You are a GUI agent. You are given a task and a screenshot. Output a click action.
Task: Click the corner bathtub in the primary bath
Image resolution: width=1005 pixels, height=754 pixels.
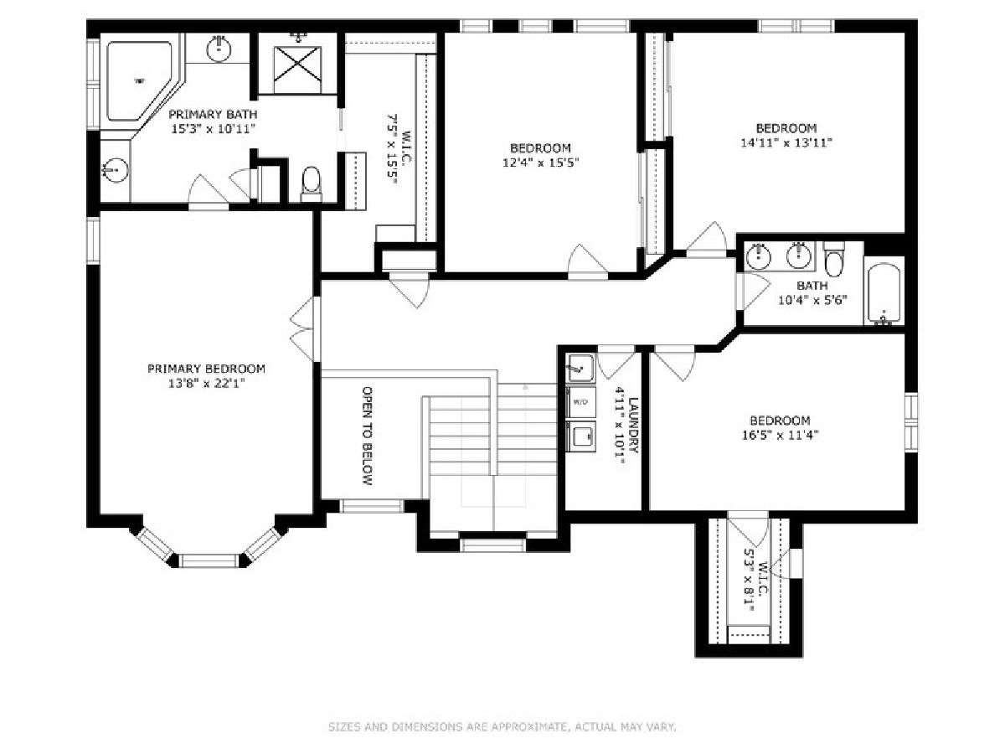[x=137, y=81]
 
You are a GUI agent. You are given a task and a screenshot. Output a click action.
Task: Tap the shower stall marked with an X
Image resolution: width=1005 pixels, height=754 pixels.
[x=297, y=70]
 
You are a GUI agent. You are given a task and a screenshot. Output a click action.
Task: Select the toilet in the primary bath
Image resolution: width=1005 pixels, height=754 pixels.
[x=312, y=184]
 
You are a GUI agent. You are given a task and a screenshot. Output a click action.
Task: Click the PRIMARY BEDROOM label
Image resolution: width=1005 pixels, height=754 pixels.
[x=206, y=369]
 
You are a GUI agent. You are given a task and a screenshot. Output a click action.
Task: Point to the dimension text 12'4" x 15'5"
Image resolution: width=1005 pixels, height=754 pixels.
[x=541, y=163]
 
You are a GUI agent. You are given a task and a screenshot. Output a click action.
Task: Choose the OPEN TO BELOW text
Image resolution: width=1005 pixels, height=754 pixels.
[x=368, y=436]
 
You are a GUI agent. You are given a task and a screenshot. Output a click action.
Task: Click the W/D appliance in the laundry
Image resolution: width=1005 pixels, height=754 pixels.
[x=580, y=402]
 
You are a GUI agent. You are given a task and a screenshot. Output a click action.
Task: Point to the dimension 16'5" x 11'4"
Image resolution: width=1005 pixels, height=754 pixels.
[x=781, y=435]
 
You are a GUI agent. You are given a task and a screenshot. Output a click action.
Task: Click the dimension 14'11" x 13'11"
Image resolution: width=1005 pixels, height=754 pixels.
[x=786, y=142]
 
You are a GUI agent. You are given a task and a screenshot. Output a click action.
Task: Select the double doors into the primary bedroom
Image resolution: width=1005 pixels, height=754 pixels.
[x=306, y=328]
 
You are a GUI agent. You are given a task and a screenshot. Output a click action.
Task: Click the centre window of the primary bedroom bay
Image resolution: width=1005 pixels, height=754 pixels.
[x=209, y=560]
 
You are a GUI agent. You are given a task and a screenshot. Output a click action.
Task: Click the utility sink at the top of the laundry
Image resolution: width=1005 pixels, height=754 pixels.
[x=580, y=368]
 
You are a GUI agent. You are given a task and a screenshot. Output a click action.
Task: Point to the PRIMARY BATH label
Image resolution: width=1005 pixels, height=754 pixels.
[x=213, y=114]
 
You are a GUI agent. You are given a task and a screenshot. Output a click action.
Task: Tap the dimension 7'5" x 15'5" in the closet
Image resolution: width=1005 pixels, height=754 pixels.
[x=391, y=149]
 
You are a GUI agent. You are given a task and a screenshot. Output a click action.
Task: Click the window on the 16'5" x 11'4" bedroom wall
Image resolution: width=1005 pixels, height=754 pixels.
[x=911, y=422]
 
